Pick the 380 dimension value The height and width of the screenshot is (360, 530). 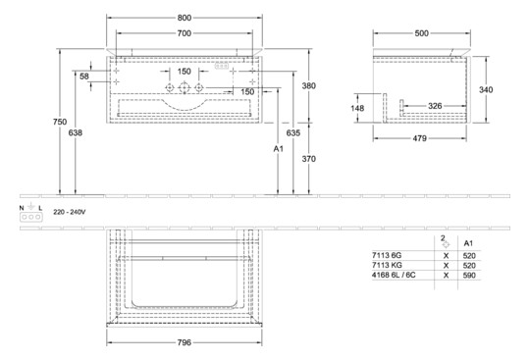pos(308,84)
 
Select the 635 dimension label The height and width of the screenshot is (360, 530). pos(292,129)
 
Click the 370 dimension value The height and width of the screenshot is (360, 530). pos(308,157)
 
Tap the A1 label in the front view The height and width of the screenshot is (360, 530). pos(278,149)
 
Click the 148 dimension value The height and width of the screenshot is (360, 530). pos(358,109)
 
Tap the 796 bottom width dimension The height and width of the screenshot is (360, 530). pos(185,342)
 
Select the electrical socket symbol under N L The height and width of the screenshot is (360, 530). pos(28,220)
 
